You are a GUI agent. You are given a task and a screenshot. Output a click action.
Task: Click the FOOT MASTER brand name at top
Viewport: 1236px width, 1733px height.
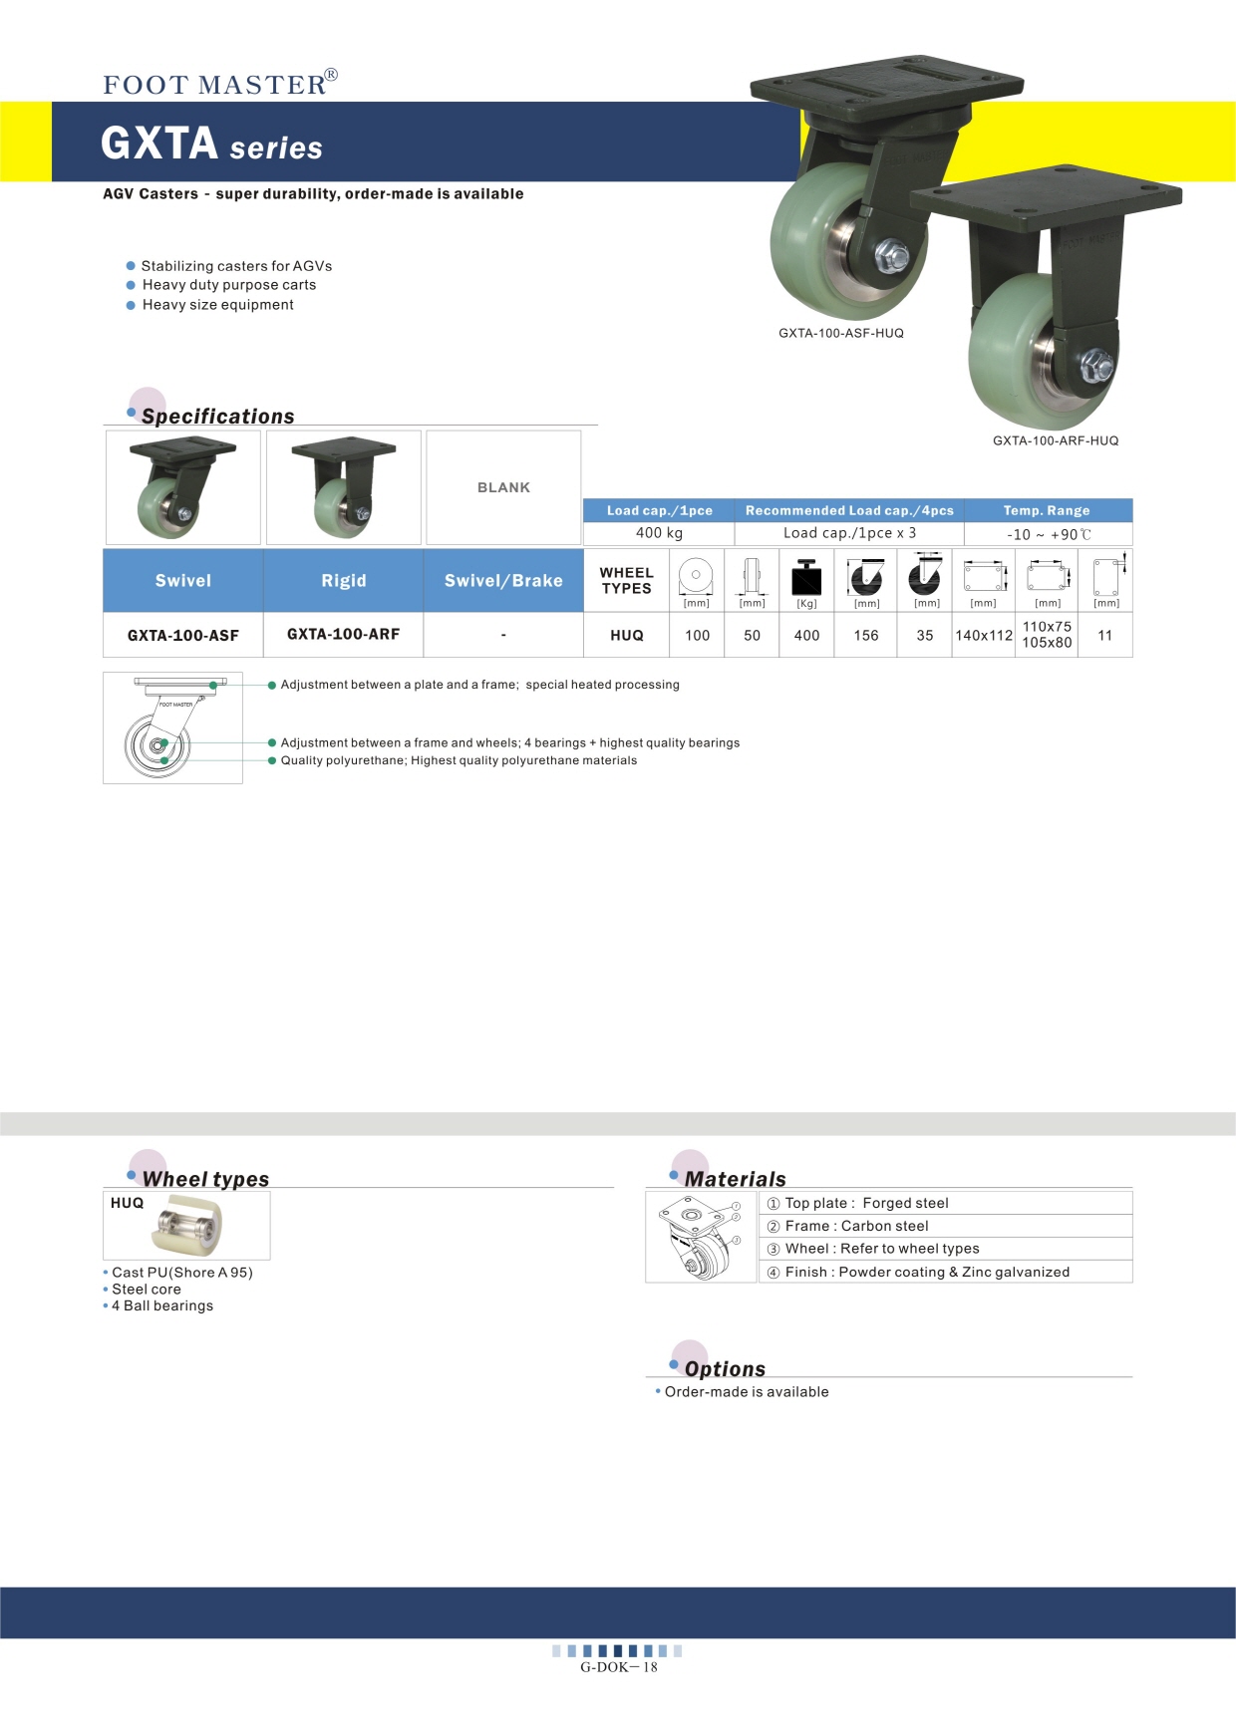click(215, 85)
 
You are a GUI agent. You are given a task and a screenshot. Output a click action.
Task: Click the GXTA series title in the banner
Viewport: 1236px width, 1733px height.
click(211, 144)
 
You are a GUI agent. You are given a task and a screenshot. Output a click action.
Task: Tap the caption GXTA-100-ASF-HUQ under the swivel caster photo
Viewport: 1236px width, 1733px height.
click(841, 333)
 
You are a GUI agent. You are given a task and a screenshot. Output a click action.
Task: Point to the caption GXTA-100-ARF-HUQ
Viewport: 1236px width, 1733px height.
click(1056, 440)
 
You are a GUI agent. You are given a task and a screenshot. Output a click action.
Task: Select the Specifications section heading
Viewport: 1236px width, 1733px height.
click(217, 417)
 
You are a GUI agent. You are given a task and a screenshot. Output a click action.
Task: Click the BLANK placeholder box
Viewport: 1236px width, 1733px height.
click(503, 487)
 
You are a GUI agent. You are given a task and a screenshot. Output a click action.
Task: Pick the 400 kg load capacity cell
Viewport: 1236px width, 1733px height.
click(659, 533)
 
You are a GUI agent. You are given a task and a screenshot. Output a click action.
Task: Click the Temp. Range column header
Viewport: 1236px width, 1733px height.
click(1047, 510)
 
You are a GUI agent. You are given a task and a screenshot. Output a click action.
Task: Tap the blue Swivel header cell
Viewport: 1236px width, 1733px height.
click(183, 580)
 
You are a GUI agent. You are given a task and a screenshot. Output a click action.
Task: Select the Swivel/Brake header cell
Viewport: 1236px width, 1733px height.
click(503, 580)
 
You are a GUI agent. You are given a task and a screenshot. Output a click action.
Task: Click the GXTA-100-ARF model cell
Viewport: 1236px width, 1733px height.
click(343, 634)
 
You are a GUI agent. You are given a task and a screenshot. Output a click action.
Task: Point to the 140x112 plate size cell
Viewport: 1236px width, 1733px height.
click(984, 635)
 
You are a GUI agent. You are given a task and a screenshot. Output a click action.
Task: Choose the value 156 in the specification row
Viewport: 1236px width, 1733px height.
click(866, 635)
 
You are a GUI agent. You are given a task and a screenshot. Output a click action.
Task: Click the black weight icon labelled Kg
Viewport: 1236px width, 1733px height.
click(806, 578)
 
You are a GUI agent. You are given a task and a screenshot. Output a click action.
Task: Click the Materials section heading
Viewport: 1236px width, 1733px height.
click(735, 1179)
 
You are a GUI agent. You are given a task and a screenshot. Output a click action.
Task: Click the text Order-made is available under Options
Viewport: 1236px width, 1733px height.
click(747, 1391)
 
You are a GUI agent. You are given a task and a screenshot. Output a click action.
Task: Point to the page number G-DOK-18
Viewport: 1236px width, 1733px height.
click(618, 1666)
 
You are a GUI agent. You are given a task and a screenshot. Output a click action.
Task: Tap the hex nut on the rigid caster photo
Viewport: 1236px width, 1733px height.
click(1097, 365)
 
